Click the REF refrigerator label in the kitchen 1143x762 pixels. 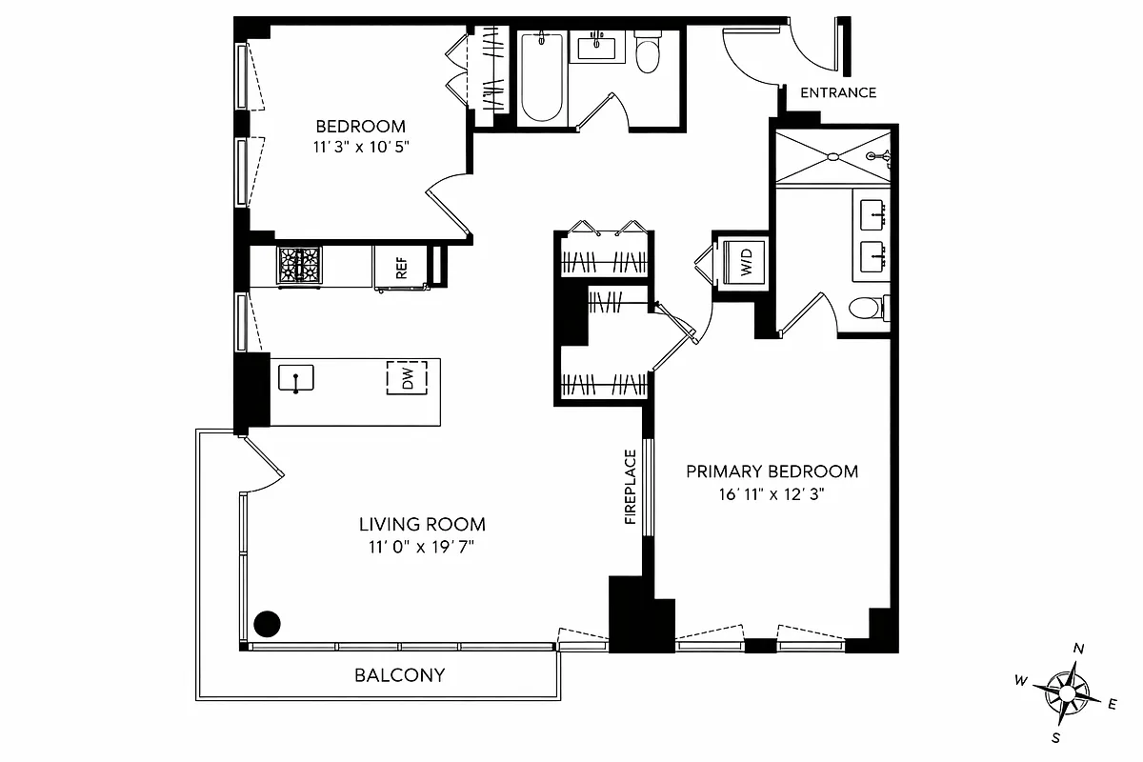tap(401, 266)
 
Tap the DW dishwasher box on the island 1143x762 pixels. tap(407, 378)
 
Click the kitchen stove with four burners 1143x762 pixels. tap(299, 265)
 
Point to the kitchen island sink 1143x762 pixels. tap(295, 378)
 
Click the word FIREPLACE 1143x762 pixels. tap(631, 487)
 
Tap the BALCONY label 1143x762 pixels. tap(399, 675)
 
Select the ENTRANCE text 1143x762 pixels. tap(837, 92)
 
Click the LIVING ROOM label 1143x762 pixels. tap(422, 524)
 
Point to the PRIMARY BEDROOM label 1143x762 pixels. tap(772, 471)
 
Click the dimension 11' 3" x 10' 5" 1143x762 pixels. tap(360, 147)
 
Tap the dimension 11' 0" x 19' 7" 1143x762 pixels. tap(422, 547)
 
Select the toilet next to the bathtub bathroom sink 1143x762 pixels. tap(648, 53)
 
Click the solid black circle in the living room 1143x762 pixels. tap(269, 624)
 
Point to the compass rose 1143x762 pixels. tap(1066, 691)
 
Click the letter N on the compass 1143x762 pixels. tap(1078, 649)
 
